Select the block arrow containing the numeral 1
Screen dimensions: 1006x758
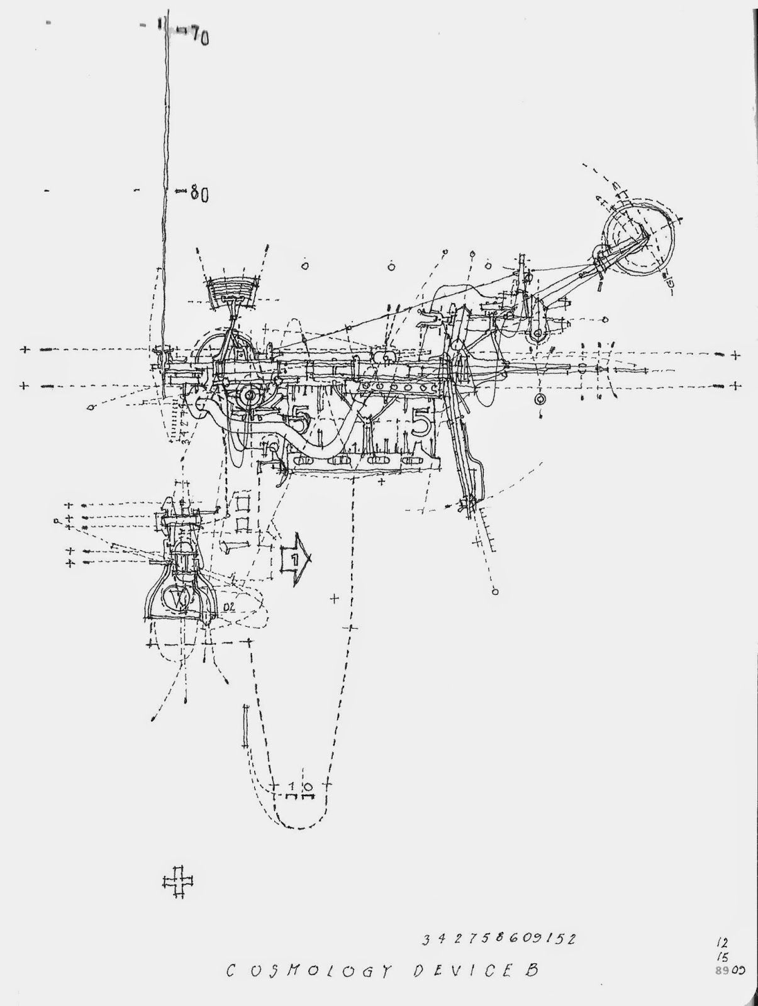coord(295,557)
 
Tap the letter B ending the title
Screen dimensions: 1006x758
coord(532,969)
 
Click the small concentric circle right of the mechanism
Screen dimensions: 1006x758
coord(540,399)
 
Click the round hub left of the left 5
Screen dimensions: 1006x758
coord(250,395)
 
